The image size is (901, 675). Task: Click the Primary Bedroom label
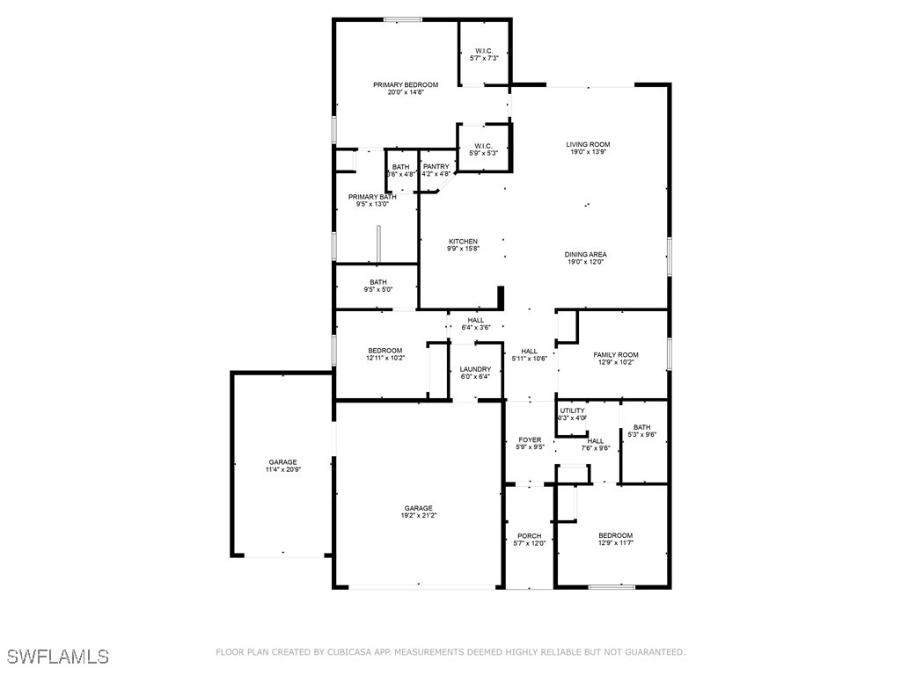click(x=405, y=85)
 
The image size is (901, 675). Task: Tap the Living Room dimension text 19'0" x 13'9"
click(x=587, y=152)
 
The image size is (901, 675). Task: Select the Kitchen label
click(x=463, y=242)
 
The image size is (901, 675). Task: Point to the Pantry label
click(x=436, y=167)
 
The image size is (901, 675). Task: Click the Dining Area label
click(x=586, y=255)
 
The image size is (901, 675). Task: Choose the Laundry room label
click(x=475, y=369)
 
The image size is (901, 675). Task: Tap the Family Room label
click(x=615, y=355)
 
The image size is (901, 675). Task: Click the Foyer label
click(x=530, y=440)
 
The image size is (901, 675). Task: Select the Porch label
click(x=530, y=536)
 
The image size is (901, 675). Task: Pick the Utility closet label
click(x=572, y=410)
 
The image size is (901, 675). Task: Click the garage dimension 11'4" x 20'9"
click(x=282, y=469)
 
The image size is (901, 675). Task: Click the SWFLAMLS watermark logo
click(x=57, y=657)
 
